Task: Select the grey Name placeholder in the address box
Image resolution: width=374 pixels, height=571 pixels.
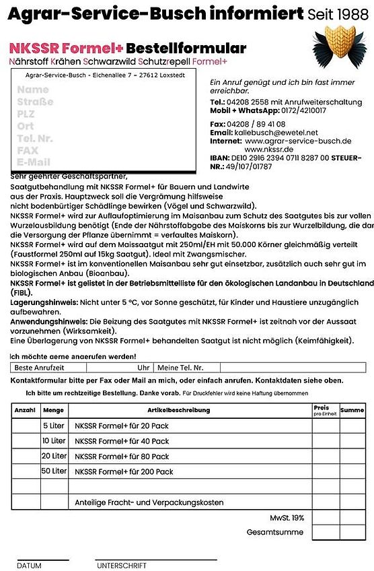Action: pos(33,90)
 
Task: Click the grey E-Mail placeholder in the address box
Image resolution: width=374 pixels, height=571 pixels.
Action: pos(34,162)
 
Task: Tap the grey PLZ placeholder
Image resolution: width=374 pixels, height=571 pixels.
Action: pos(26,114)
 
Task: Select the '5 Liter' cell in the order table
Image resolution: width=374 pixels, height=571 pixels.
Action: pos(54,426)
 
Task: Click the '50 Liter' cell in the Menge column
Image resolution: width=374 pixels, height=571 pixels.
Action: pos(54,471)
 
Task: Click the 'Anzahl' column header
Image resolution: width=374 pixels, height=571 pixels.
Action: pos(25,409)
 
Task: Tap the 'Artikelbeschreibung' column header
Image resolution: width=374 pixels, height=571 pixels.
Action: pos(188,409)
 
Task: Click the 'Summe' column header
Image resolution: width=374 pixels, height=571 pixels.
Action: pos(352,409)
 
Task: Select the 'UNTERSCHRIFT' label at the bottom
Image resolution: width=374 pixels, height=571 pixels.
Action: pos(122,566)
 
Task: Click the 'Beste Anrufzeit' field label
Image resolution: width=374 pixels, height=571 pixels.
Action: pos(40,368)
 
